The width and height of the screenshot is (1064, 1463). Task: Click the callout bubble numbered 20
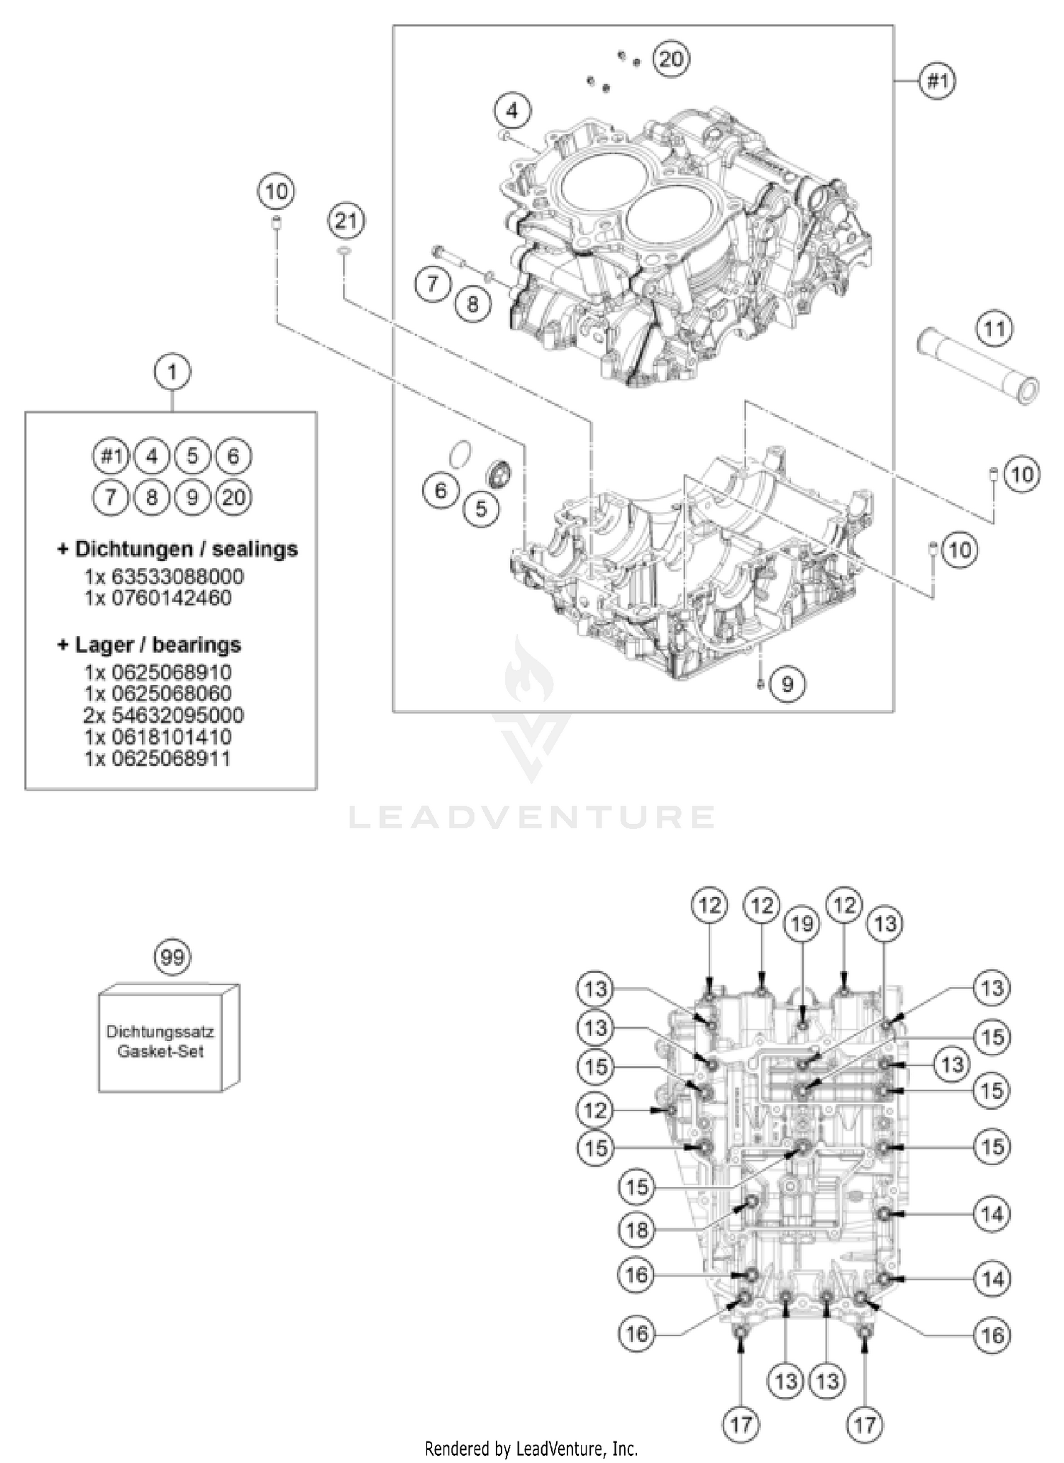pyautogui.click(x=670, y=59)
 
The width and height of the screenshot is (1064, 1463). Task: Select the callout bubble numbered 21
pyautogui.click(x=345, y=221)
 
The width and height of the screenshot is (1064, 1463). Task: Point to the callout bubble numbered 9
pyautogui.click(x=787, y=684)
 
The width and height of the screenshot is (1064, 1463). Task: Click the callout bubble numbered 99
pyautogui.click(x=172, y=957)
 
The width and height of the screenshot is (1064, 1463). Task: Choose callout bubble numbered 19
pyautogui.click(x=802, y=924)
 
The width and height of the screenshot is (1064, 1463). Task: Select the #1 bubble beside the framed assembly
pyautogui.click(x=938, y=82)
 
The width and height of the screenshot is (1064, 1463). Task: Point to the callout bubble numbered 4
pyautogui.click(x=513, y=111)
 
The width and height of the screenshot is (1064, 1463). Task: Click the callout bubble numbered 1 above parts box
pyautogui.click(x=172, y=372)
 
